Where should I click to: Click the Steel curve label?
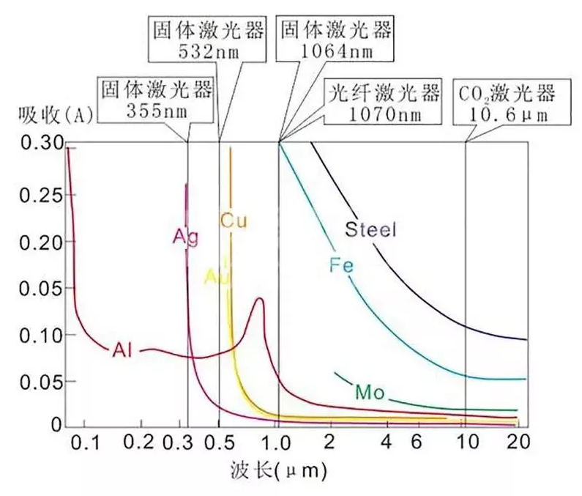click(x=370, y=230)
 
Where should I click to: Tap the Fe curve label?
click(x=341, y=266)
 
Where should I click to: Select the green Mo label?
click(x=369, y=392)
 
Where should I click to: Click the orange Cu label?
click(x=234, y=219)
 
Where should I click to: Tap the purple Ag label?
click(x=186, y=237)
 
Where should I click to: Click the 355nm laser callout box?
click(x=156, y=100)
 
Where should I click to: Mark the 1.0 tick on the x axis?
click(x=279, y=442)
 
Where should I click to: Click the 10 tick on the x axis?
click(x=466, y=442)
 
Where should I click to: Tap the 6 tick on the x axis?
click(x=416, y=442)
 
